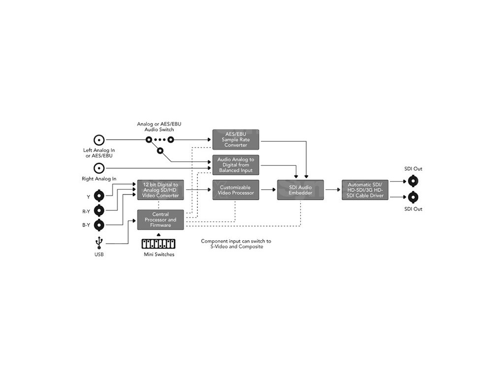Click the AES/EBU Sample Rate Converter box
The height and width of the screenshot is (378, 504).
pos(236,139)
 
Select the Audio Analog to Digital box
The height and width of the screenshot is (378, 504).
pos(236,165)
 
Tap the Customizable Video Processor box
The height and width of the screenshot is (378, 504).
pos(236,190)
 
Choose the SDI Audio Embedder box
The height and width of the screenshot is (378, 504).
pos(301,190)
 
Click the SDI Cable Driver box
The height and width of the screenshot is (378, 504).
pos(365,190)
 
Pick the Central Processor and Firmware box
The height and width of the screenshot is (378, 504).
pos(160,220)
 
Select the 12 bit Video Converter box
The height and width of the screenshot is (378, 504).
pos(160,190)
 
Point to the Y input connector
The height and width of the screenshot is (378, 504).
pos(99,196)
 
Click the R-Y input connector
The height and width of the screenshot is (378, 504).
pos(99,211)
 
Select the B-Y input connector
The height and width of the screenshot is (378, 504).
pos(99,225)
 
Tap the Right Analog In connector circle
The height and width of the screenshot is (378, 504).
pos(99,168)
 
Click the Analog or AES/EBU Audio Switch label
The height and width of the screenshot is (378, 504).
pos(156,126)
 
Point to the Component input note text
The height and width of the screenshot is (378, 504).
pos(236,244)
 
